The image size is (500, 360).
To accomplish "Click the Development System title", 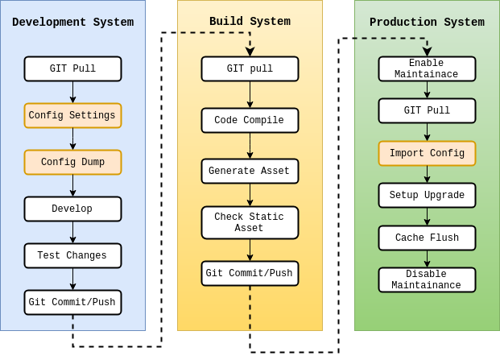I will coord(72,23).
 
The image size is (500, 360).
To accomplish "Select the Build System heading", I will coord(250,22).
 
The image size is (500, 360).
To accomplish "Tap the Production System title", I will coord(427,23).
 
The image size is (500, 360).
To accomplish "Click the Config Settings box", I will coord(72,115).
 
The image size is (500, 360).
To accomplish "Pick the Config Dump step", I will coord(72,162).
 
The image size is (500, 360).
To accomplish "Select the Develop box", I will coord(72,209).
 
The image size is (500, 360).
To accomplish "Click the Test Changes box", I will coord(72,255).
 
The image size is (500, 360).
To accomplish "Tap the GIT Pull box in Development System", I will coord(72,68).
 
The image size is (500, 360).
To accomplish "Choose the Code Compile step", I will coord(250,120).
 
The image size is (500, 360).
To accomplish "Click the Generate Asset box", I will coord(250,171).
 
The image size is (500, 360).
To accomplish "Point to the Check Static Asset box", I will coord(250,222).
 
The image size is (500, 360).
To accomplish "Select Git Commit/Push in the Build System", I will coord(250,273).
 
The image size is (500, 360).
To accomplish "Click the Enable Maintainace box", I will coord(427,68).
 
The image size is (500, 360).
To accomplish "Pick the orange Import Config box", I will coord(427,153).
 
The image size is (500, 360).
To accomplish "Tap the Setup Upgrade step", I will coord(427,195).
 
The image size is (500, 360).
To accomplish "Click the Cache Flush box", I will coord(427,238).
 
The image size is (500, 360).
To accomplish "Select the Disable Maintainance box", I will coord(427,279).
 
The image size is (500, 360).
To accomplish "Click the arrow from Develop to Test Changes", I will coord(72,232).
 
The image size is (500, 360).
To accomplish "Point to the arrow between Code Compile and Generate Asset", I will coord(250,146).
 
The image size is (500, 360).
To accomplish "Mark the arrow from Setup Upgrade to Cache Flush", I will coord(427,217).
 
